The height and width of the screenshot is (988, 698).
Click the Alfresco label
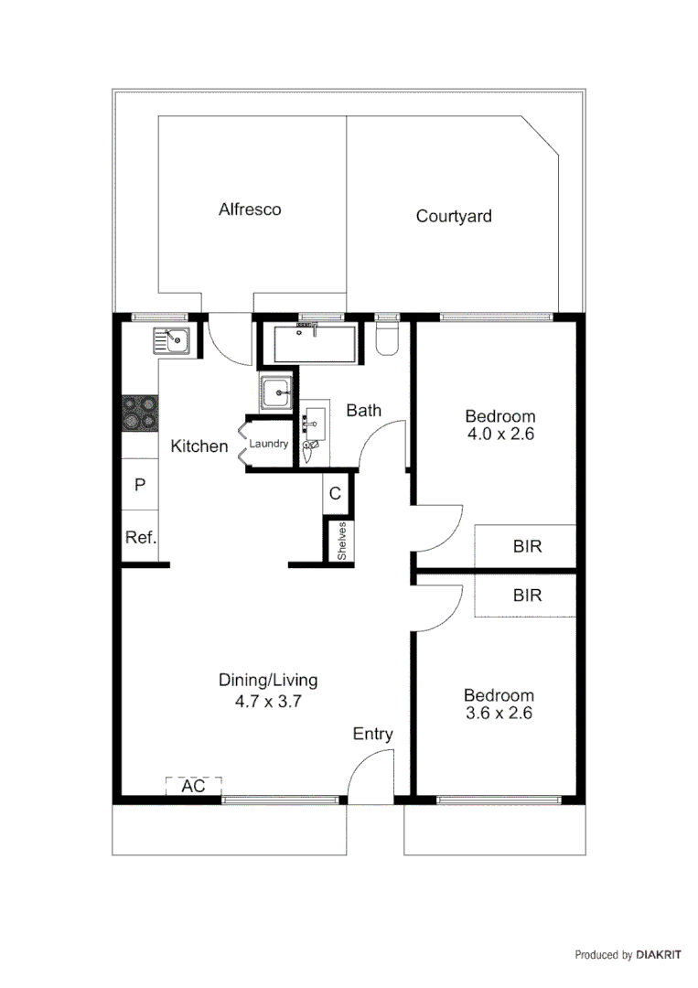[250, 209]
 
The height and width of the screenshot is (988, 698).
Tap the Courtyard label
[454, 217]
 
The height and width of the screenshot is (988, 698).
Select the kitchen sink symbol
[171, 341]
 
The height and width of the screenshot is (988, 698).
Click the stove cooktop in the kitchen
[140, 413]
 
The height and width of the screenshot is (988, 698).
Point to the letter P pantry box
[140, 485]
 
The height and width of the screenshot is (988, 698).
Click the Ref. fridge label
[141, 538]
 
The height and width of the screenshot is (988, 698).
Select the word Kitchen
[199, 446]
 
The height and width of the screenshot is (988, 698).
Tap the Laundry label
[269, 445]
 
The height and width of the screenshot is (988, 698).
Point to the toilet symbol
[387, 336]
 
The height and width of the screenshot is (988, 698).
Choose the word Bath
[363, 411]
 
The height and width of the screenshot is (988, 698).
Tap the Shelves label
[341, 541]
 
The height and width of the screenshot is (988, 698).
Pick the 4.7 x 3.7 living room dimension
[268, 703]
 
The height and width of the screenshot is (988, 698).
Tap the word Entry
[373, 734]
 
